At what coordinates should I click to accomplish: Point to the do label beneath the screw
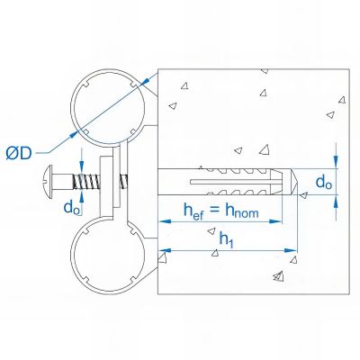[x=71, y=206]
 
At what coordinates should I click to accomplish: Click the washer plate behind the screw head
[x=109, y=185]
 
